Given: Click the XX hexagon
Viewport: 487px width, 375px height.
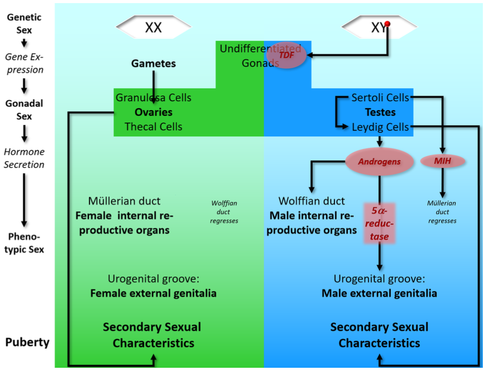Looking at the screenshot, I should [153, 27].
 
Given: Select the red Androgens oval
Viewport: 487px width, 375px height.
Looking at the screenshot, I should [379, 162].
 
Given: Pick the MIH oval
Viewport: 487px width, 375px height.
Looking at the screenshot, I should [442, 161].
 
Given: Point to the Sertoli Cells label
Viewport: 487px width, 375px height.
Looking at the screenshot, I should [380, 97].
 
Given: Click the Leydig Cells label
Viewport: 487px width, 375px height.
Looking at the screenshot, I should [380, 127].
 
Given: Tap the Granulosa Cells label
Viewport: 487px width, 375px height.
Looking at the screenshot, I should [154, 97].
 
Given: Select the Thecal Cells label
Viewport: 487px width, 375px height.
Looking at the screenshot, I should [154, 127].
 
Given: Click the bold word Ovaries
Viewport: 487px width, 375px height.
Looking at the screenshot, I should [154, 112].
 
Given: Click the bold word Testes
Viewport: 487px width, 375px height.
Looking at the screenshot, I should [380, 112].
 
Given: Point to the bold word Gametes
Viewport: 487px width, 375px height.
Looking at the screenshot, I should [154, 64].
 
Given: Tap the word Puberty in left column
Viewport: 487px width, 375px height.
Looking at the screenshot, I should [27, 342].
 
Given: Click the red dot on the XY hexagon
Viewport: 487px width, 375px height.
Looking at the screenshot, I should [387, 24].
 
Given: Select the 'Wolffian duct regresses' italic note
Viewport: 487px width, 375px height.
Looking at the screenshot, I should [224, 212].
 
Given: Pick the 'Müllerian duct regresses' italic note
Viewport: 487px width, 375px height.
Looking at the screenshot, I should [442, 212].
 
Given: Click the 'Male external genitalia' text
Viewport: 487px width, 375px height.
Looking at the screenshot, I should [379, 293].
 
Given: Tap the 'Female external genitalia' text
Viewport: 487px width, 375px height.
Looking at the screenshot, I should [154, 293].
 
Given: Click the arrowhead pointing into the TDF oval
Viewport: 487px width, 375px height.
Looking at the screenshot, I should [311, 54].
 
